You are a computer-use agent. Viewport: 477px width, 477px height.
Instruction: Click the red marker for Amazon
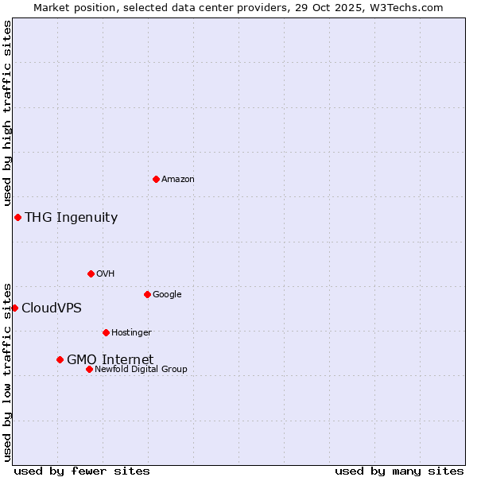[x=156, y=179]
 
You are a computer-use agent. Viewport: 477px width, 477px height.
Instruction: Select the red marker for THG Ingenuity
[x=17, y=217]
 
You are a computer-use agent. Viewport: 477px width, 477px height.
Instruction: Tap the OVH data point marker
[x=91, y=273]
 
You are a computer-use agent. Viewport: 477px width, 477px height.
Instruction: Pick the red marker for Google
[x=147, y=294]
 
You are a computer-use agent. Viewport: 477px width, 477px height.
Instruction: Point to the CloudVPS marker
[x=14, y=308]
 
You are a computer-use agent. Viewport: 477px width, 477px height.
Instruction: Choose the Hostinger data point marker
[x=106, y=332]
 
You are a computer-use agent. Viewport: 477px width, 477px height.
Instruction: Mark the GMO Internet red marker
[x=60, y=359]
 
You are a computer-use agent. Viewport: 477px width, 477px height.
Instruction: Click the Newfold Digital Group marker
[x=89, y=369]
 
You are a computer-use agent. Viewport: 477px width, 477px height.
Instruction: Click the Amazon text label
[x=178, y=180]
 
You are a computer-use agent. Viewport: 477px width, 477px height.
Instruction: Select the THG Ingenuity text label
[x=71, y=218]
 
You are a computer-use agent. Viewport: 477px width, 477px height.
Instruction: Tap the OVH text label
[x=106, y=274]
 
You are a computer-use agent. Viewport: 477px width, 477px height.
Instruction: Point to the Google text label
[x=167, y=295]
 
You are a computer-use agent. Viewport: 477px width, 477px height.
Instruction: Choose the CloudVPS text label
[x=51, y=308]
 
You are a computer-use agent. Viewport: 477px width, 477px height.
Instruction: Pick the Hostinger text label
[x=131, y=333]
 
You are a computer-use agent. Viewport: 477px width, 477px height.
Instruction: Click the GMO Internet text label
[x=110, y=360]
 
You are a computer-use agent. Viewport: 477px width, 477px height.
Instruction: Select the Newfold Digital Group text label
[x=141, y=370]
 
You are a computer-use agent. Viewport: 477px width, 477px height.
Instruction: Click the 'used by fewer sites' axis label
[x=82, y=471]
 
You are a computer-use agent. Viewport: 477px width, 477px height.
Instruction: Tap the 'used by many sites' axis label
[x=399, y=471]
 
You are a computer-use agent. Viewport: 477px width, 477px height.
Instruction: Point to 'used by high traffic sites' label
[x=7, y=114]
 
